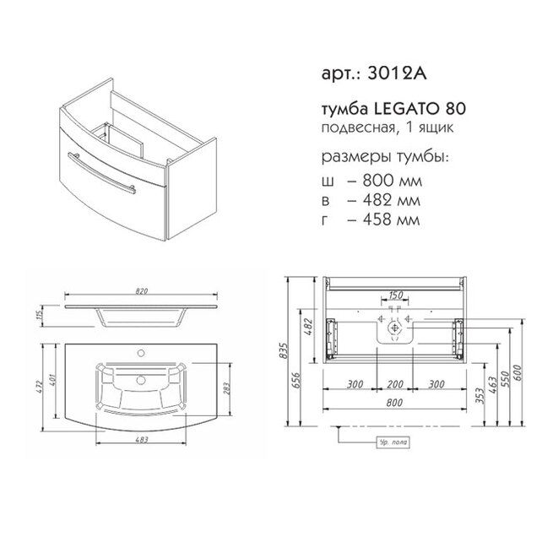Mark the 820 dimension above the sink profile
(142, 292)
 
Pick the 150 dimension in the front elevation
(393, 296)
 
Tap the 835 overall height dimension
(285, 350)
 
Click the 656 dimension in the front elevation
(298, 379)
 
